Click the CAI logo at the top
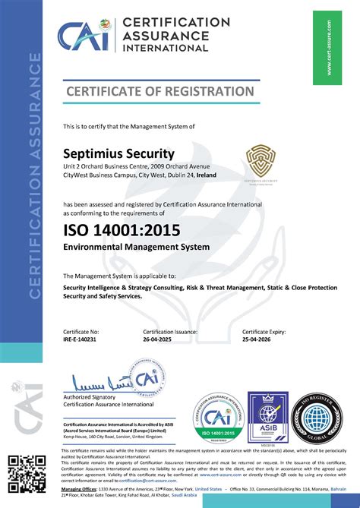point(84,36)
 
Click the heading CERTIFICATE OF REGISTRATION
point(159,92)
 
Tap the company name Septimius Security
point(118,153)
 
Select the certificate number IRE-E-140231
point(81,340)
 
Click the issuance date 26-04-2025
point(160,340)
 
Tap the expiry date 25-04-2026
point(260,340)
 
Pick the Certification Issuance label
point(172,332)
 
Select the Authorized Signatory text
point(89,397)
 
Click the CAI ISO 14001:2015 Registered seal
point(217,417)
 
